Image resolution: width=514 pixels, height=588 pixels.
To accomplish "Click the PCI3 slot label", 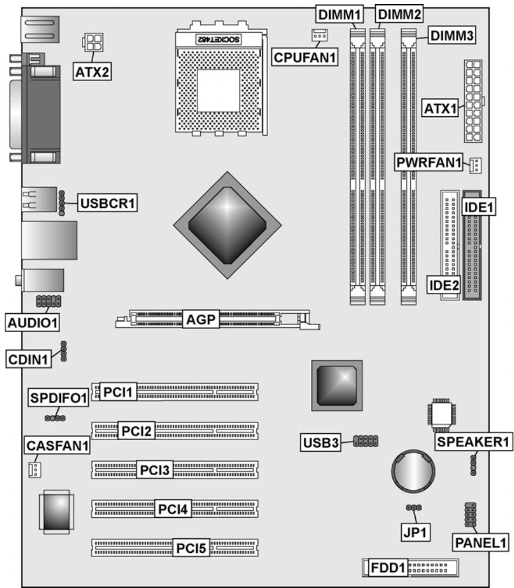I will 153,470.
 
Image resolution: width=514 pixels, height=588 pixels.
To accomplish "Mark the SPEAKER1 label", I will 473,442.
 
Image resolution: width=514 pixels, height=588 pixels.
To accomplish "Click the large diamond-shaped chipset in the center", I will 227,224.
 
